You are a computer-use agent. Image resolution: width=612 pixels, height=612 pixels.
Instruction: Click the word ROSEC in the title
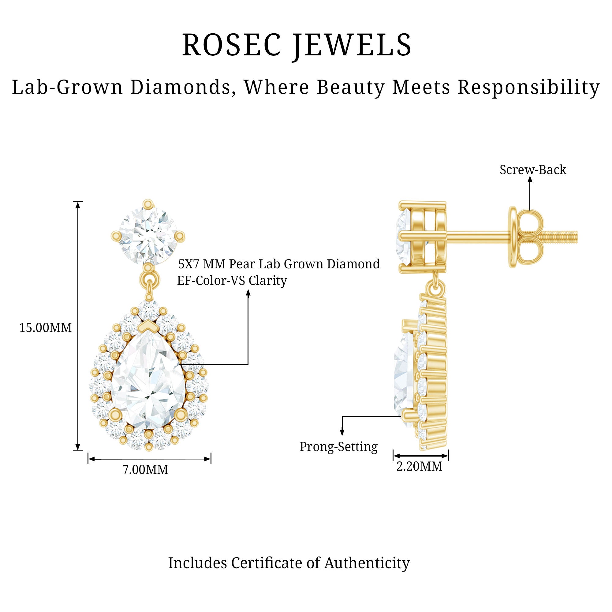pyautogui.click(x=231, y=45)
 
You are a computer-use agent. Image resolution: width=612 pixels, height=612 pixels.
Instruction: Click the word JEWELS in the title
pyautogui.click(x=352, y=45)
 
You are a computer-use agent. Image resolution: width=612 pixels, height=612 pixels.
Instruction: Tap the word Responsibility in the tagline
pyautogui.click(x=528, y=87)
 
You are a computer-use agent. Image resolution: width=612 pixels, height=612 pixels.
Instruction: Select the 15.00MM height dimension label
pyautogui.click(x=46, y=328)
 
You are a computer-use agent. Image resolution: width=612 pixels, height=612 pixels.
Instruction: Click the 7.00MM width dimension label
pyautogui.click(x=145, y=469)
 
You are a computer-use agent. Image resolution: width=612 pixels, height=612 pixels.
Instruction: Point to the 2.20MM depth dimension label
pyautogui.click(x=419, y=466)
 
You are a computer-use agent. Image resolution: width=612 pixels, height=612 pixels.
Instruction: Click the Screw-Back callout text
pyautogui.click(x=533, y=170)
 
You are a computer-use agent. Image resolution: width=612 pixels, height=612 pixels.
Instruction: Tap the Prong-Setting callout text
pyautogui.click(x=338, y=447)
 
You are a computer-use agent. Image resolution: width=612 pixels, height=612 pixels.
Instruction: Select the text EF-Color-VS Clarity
pyautogui.click(x=232, y=281)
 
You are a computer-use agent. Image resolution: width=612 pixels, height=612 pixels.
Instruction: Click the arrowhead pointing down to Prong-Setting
pyautogui.click(x=342, y=432)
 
